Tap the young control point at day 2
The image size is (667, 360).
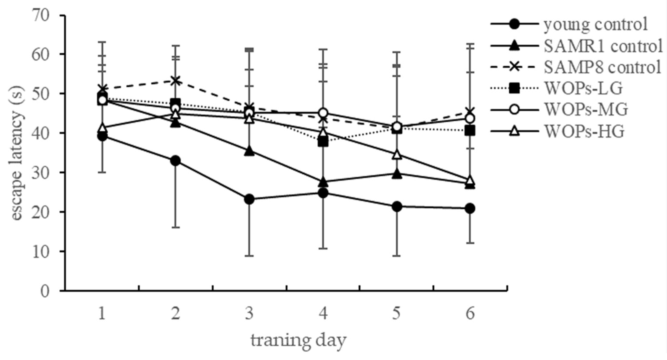click(176, 161)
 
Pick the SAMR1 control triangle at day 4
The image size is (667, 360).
click(323, 182)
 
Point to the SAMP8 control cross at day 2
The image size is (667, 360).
click(176, 81)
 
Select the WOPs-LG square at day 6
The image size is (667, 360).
click(470, 131)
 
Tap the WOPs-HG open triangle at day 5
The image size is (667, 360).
click(397, 155)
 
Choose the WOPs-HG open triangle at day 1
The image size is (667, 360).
click(102, 127)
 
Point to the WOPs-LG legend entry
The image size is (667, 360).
click(583, 89)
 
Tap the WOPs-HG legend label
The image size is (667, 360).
click(584, 132)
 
